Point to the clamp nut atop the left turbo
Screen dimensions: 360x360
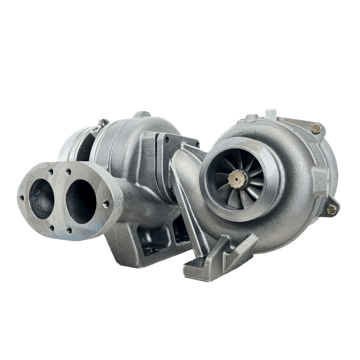[x=100, y=123]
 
